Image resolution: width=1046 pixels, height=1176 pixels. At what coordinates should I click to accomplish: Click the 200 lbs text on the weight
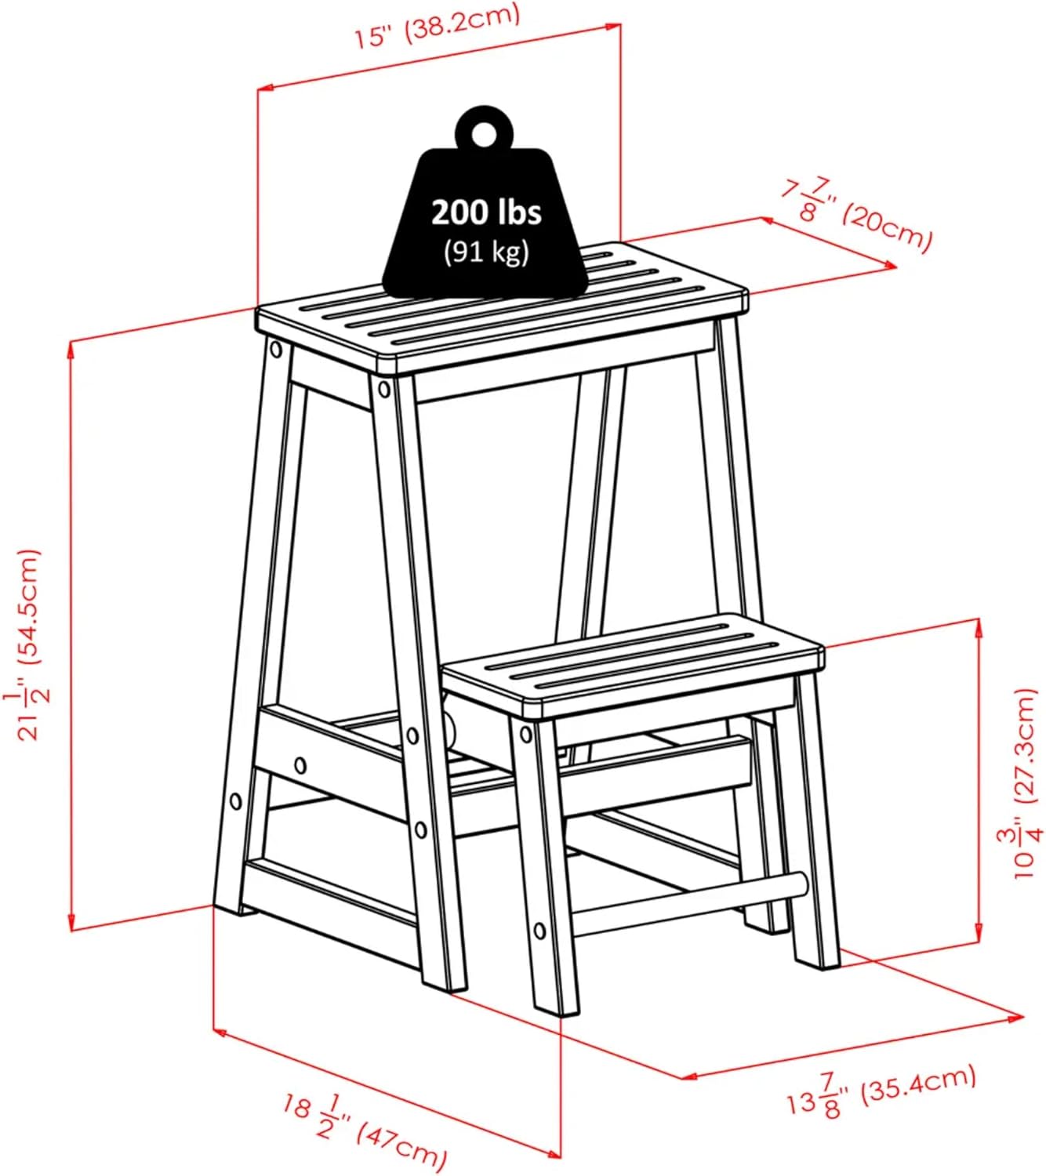(486, 212)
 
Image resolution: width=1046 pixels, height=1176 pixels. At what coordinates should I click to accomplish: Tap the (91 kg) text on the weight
(486, 252)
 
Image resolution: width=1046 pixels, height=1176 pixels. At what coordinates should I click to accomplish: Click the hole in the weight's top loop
(483, 132)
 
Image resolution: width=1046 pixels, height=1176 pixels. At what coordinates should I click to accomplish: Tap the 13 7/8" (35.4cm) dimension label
(882, 1092)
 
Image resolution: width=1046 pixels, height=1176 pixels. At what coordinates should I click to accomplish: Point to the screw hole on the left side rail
(300, 764)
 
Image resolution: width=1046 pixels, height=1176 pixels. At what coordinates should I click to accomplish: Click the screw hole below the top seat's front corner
(383, 389)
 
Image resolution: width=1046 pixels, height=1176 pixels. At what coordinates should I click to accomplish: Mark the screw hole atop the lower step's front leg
(525, 735)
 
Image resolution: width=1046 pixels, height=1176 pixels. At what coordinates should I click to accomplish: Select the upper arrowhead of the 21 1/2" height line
(73, 350)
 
